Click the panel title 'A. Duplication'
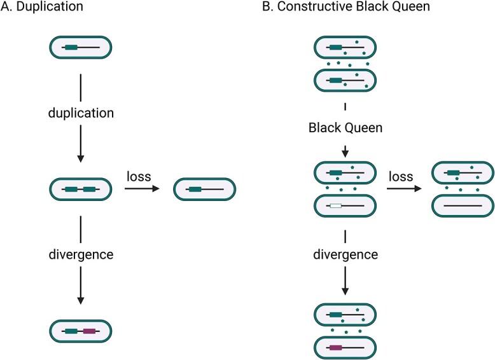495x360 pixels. click(40, 9)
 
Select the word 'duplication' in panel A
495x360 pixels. click(81, 114)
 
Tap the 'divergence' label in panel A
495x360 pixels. click(81, 254)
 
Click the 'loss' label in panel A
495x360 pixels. click(139, 176)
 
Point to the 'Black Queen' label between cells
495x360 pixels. click(345, 128)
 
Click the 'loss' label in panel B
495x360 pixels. click(401, 176)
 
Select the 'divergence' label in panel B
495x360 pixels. click(345, 254)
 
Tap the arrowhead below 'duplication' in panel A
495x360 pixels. click(81, 158)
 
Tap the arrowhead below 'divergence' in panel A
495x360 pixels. click(81, 300)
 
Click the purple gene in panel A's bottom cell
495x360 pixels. click(89, 331)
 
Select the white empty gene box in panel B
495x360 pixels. click(335, 205)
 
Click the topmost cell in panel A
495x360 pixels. click(81, 47)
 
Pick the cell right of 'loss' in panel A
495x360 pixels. click(204, 189)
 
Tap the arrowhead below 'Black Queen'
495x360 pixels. click(345, 153)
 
